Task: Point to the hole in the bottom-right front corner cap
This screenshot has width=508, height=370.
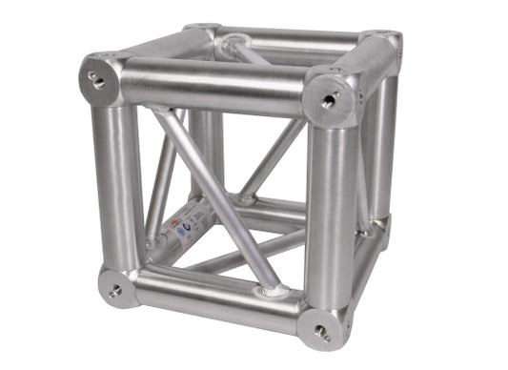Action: (x=317, y=334)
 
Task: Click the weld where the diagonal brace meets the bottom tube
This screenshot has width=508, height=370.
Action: (x=273, y=286)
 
